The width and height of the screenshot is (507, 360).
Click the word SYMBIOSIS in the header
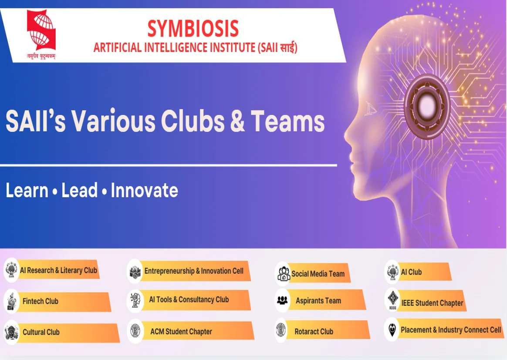point(193,29)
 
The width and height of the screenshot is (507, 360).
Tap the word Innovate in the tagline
point(144,191)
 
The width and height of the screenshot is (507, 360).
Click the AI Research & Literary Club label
point(58,270)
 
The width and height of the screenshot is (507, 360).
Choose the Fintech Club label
point(41,301)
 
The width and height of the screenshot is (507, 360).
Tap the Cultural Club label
point(41,332)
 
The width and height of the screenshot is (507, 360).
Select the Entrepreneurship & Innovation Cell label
point(194,271)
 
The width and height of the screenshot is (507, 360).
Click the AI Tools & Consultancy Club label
point(189,299)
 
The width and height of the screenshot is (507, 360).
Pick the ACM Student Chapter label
point(181,332)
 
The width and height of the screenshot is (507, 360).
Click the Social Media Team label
point(318,274)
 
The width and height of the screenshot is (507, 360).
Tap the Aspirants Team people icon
point(282,300)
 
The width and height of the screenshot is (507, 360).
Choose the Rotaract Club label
point(314,332)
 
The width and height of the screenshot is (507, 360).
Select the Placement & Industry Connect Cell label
point(451,330)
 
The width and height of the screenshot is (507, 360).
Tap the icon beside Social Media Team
point(284,274)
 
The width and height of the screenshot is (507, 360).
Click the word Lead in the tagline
point(79,191)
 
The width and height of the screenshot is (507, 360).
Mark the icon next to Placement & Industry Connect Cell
point(392,329)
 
